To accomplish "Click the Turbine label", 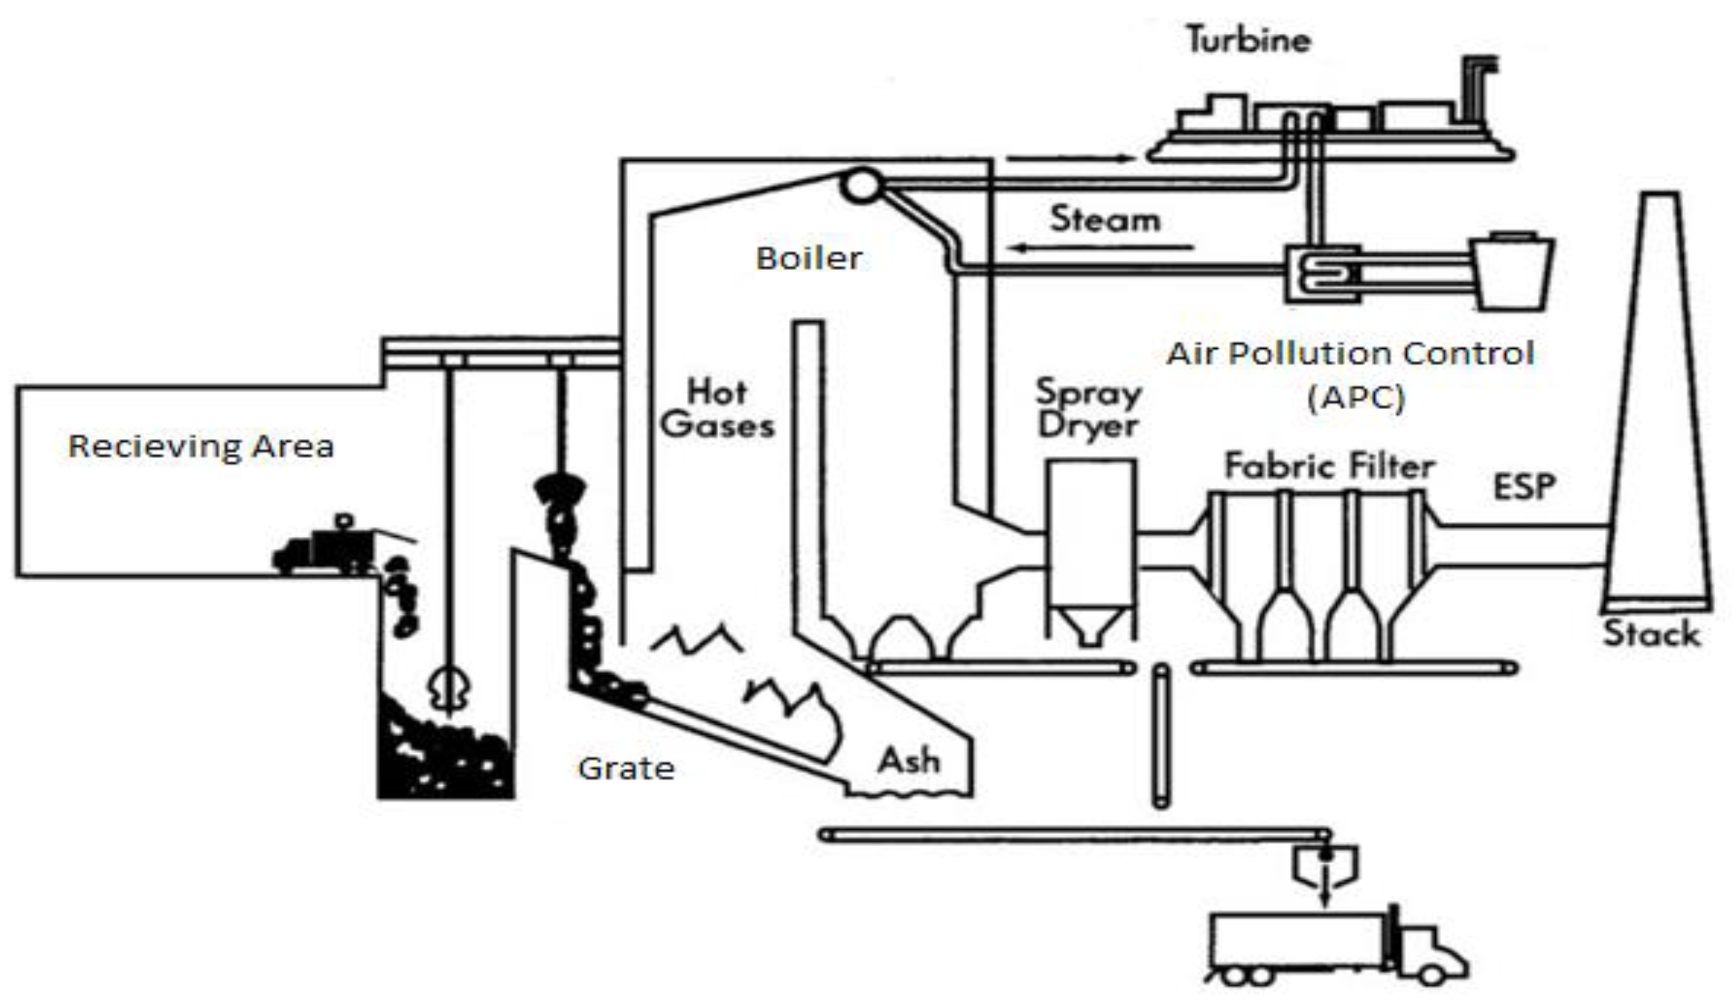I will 1248,40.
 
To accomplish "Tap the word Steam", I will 1105,220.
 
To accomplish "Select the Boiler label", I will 809,259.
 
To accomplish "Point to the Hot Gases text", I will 717,409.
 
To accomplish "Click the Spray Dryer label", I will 1088,409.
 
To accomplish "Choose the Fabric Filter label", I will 1329,466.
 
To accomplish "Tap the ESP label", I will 1524,487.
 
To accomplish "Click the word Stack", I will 1650,634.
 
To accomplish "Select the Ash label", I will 908,761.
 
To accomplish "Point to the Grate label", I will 626,768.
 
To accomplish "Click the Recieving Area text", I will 201,447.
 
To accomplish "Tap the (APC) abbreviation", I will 1355,398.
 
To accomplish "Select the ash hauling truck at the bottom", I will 1335,946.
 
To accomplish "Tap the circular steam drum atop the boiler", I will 861,185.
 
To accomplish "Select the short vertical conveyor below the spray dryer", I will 1161,736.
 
